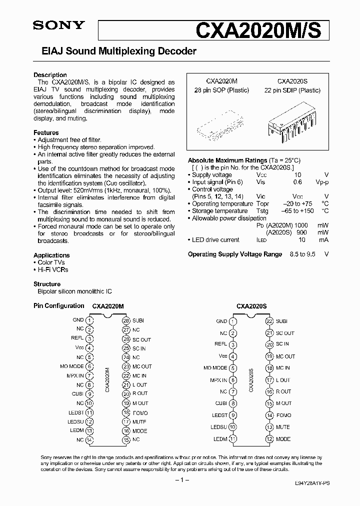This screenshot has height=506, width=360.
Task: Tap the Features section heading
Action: click(46, 132)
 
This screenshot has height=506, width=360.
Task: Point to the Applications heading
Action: click(51, 255)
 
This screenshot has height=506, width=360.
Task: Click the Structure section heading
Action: click(47, 284)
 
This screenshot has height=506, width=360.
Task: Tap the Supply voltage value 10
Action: click(297, 175)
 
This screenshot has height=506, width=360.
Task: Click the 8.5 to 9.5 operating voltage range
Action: click(301, 254)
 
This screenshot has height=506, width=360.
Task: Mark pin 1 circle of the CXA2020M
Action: click(89, 320)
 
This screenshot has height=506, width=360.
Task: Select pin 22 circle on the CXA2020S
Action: click(269, 321)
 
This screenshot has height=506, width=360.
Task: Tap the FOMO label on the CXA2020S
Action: click(284, 415)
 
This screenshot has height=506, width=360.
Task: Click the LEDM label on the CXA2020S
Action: click(220, 439)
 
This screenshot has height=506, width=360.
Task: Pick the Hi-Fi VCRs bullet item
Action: click(53, 270)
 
